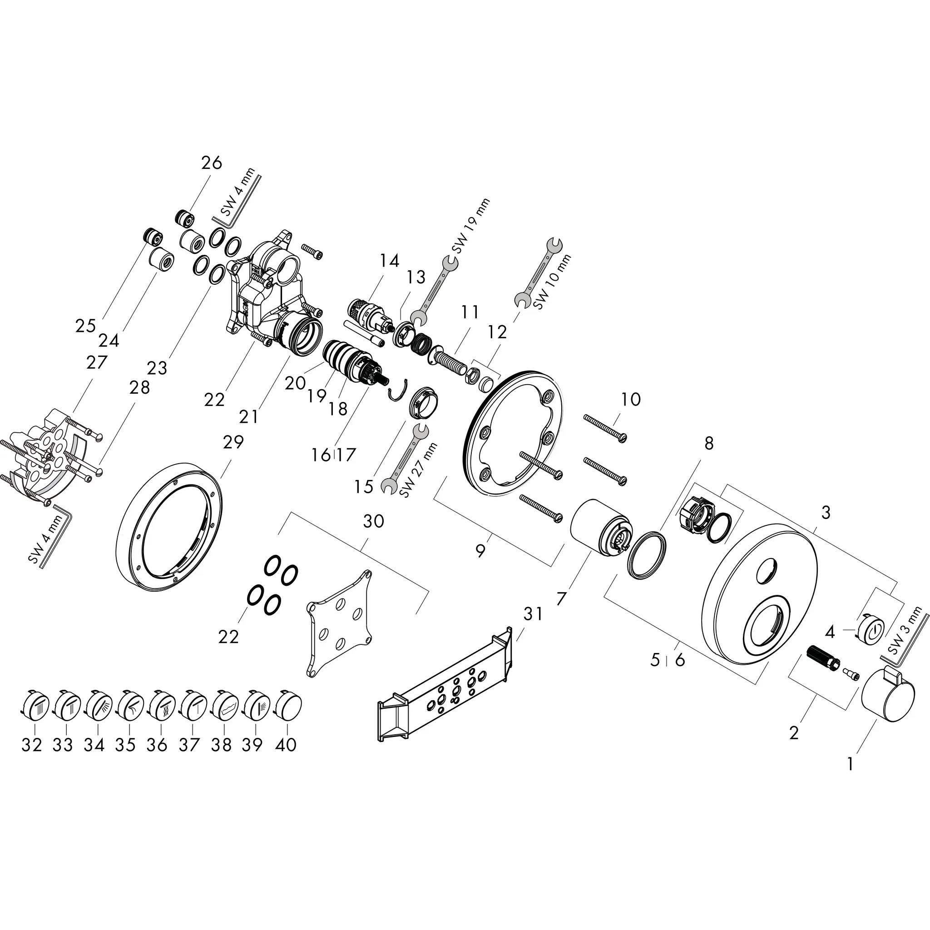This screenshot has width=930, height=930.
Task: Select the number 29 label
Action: click(x=233, y=442)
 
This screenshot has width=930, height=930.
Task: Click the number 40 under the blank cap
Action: click(x=286, y=745)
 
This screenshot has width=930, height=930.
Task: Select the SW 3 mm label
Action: click(x=905, y=631)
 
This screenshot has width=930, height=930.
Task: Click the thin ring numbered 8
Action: click(x=648, y=554)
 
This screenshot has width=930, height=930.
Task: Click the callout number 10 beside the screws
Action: click(x=631, y=399)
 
